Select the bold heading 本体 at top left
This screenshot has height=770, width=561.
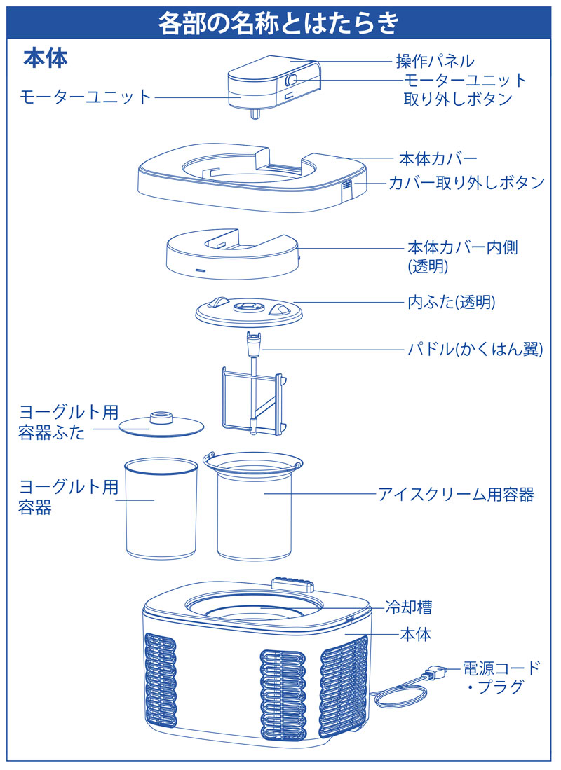tap(46, 57)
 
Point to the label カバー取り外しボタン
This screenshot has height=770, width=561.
tap(467, 183)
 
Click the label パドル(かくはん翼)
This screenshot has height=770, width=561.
tap(475, 349)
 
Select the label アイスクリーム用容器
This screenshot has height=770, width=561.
tap(456, 495)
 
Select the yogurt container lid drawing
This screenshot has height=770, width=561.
tap(161, 423)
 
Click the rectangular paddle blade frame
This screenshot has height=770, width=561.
tap(252, 398)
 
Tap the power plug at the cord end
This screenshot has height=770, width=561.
tap(433, 675)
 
